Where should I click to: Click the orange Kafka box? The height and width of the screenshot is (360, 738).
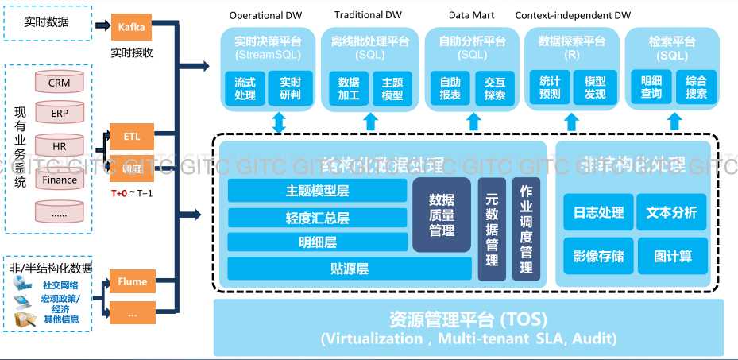coord(131,26)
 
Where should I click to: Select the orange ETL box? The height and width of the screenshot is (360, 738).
coord(131,137)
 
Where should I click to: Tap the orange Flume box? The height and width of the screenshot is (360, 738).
coord(132,281)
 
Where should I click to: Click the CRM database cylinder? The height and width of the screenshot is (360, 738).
coord(59,82)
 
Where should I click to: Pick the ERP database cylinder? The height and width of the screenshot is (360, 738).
coord(59,114)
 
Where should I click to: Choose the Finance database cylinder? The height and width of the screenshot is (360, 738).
coord(59,180)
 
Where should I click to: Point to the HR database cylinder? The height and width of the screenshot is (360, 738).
coord(59,147)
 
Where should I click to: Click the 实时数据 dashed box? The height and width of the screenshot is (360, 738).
coord(47,22)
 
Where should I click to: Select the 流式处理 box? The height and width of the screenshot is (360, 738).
coord(245,88)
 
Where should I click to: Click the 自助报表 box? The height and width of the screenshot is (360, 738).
coord(450,88)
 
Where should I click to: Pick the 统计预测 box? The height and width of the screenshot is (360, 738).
coord(550,88)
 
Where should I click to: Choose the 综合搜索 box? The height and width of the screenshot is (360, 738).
coord(696,88)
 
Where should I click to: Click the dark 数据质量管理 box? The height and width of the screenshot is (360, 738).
coord(442,215)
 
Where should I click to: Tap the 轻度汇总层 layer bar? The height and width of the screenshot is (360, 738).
coord(317,218)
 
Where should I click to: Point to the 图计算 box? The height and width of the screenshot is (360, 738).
coord(672,256)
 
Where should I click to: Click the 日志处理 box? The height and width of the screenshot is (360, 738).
coord(598,212)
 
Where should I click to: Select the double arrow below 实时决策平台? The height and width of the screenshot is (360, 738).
coord(279,122)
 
